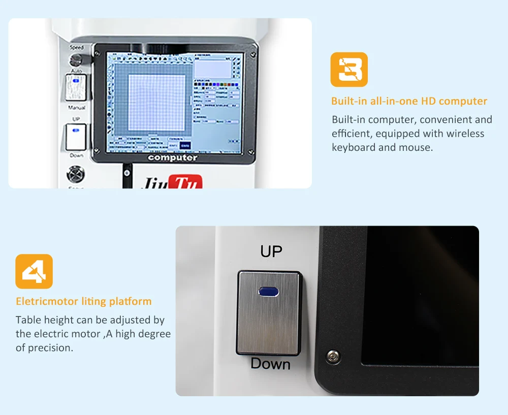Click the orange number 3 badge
coord(349,70)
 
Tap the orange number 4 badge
coord(34,271)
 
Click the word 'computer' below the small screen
coord(173,158)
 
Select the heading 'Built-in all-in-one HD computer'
coord(409,101)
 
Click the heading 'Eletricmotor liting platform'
coord(84,301)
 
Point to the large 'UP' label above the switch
coord(271,251)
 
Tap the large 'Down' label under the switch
coord(270,364)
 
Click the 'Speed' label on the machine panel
coord(77,47)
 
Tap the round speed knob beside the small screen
coord(77,59)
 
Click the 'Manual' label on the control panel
coord(77,108)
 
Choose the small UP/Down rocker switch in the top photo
coord(76,137)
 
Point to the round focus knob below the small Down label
coord(76,174)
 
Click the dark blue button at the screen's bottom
coord(185,145)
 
